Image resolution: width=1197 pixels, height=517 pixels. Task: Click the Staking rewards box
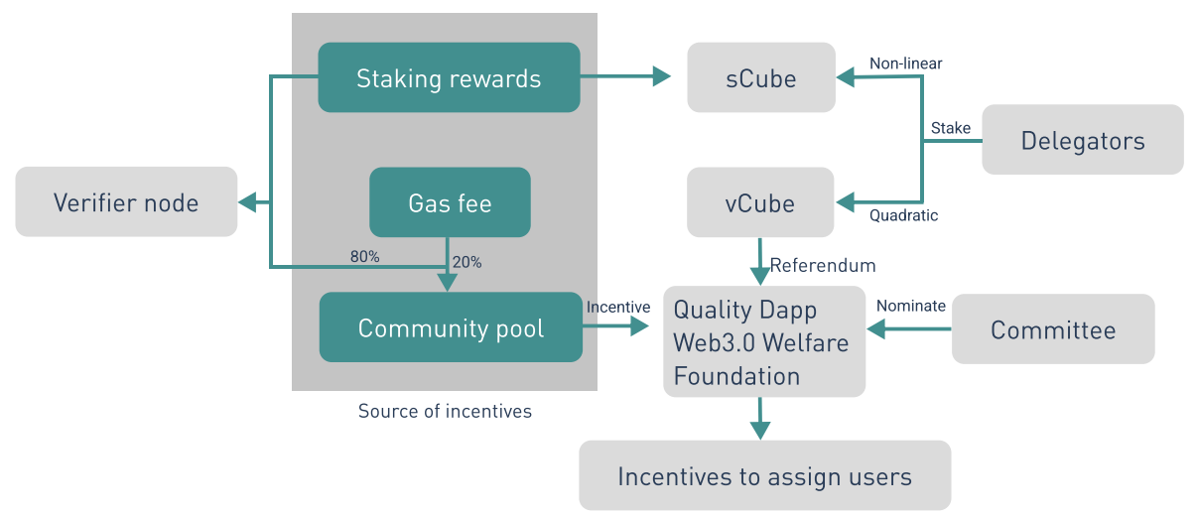[449, 77]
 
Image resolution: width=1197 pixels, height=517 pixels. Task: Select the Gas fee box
[450, 202]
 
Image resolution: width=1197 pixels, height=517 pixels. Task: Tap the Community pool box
[451, 327]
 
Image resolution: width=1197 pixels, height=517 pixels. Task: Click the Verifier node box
[126, 201]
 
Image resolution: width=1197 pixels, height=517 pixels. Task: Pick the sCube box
[761, 77]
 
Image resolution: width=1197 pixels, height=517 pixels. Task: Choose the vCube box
[760, 202]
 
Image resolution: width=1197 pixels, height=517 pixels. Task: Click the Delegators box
[1083, 139]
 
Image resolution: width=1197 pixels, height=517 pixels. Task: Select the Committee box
[1053, 329]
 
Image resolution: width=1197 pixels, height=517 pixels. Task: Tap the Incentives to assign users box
[764, 475]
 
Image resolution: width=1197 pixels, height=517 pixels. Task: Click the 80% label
[365, 257]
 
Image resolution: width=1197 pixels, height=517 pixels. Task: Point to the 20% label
[467, 262]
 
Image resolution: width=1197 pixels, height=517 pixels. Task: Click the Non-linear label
[906, 64]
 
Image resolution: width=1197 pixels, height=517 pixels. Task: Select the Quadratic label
[903, 215]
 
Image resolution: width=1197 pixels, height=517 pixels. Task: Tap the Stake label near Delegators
[951, 128]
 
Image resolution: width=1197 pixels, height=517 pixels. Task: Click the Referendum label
[823, 265]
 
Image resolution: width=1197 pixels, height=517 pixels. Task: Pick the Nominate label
[911, 306]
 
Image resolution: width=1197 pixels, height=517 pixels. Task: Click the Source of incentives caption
[445, 411]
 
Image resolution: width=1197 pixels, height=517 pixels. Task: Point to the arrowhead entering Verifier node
[247, 202]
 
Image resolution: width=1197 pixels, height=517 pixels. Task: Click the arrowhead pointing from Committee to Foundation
[876, 329]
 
